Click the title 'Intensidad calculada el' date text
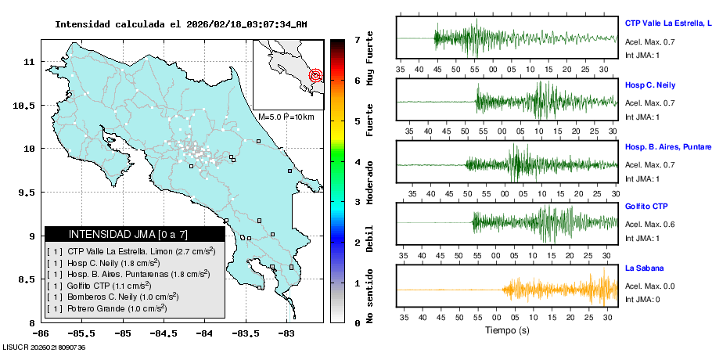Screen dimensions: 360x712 point(181,24)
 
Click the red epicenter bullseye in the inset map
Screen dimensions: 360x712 point(316,76)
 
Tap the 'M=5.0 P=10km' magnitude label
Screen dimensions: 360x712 point(286,117)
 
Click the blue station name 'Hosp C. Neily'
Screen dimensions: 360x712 point(649,85)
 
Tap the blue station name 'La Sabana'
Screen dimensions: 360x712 point(643,268)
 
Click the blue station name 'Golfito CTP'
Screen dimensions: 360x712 point(646,207)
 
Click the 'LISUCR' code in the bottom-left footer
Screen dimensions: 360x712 point(14,347)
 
